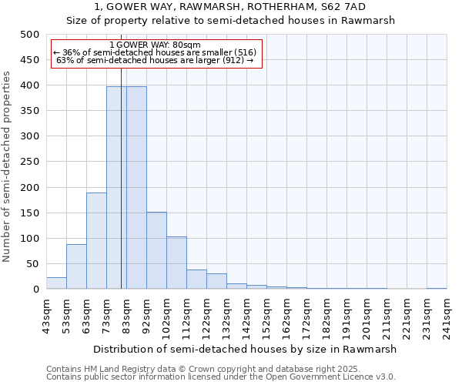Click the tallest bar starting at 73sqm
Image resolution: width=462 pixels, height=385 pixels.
[x=116, y=188]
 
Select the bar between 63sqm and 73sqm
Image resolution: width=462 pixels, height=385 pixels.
[x=96, y=241]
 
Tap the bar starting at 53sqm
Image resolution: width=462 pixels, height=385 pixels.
[x=76, y=266]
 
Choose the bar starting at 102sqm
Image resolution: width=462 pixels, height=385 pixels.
[x=176, y=263]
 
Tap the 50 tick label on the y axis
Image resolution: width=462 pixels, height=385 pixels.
[x=32, y=264]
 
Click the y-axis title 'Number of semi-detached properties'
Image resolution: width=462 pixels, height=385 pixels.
[x=8, y=166]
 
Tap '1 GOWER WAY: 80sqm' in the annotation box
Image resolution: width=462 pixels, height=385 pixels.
[x=156, y=45]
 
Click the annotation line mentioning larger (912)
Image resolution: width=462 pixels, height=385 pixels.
[x=155, y=60]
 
